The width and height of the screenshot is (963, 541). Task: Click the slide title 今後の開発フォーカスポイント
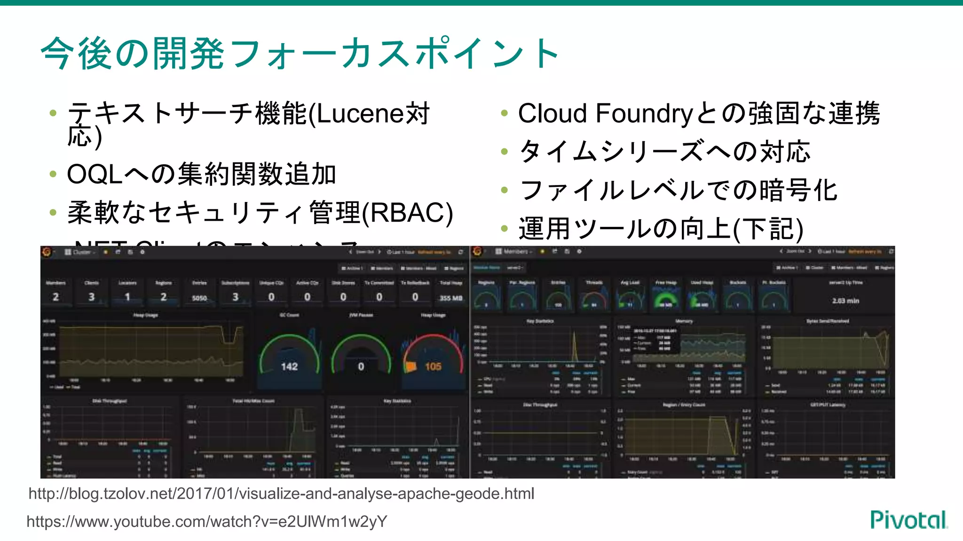tap(300, 54)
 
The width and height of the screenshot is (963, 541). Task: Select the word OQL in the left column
tap(95, 175)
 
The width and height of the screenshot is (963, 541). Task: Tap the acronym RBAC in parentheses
tap(407, 213)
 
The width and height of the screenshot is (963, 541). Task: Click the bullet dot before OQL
tap(53, 175)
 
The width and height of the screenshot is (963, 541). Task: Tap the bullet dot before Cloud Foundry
tap(505, 113)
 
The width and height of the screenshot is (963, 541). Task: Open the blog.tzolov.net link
tap(281, 494)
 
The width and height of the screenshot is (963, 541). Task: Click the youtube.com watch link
tap(207, 521)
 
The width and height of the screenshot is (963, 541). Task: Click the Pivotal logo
tap(908, 520)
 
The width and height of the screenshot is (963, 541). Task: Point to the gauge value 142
tap(289, 366)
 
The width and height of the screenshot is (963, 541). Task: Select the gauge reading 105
tap(433, 366)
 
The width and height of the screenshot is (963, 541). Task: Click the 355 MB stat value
tap(451, 298)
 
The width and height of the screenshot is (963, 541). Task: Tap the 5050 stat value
tap(199, 298)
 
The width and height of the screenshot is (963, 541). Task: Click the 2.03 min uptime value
tap(845, 301)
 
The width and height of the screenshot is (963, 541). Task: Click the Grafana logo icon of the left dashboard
tap(47, 252)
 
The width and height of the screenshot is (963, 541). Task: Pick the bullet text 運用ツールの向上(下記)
tap(661, 229)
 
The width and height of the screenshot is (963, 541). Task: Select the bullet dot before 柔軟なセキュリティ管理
tap(53, 213)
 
